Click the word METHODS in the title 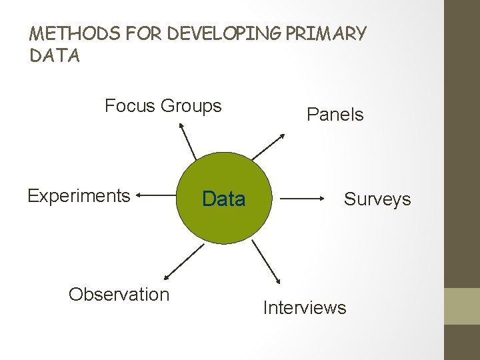point(64,33)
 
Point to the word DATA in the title point(55,56)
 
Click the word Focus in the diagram point(130,106)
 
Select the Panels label point(335,115)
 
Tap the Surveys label point(377,199)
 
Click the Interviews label point(305,307)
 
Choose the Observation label point(119,294)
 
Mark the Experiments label point(79,196)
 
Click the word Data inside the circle point(223,199)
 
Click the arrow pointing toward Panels point(269,146)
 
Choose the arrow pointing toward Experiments point(155,196)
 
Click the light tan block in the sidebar point(461,306)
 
